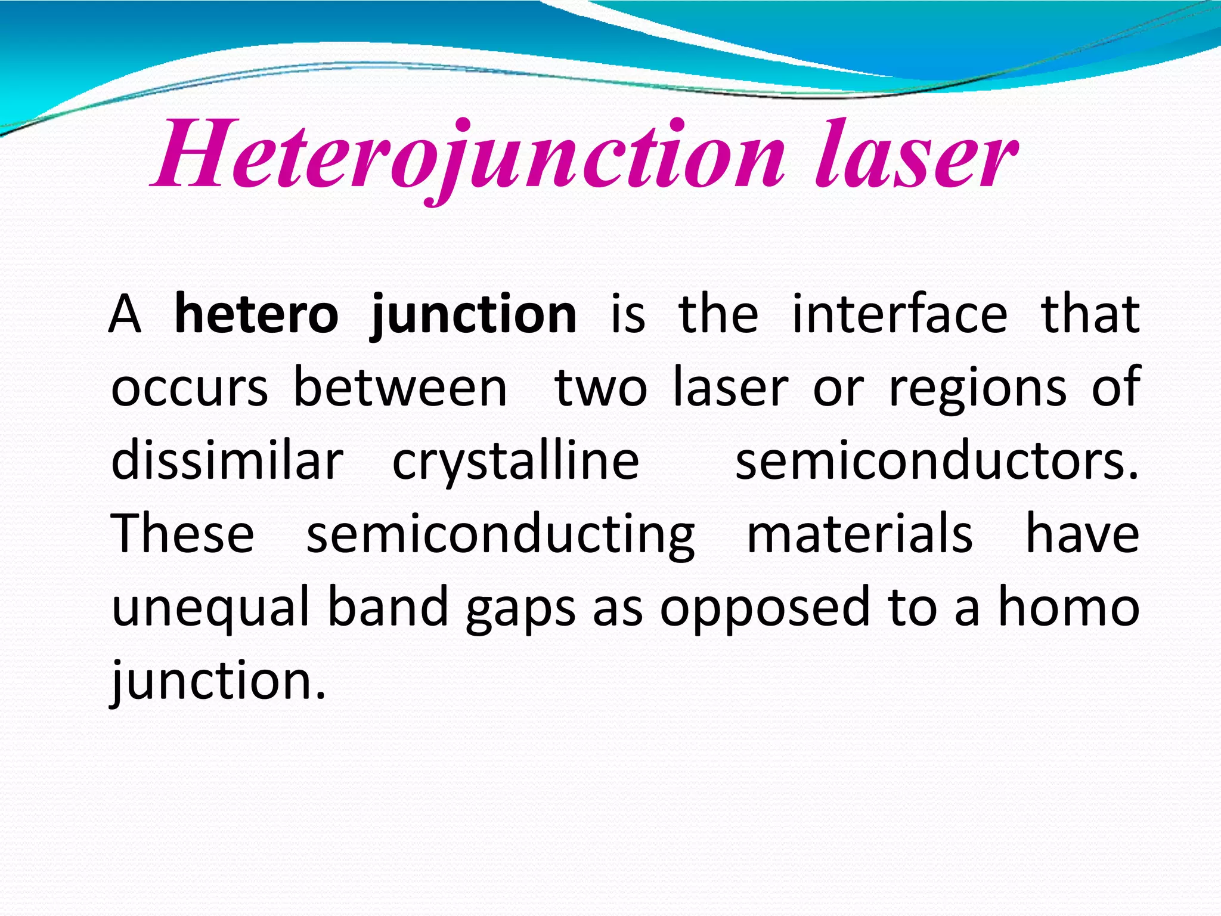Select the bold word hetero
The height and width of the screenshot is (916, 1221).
click(256, 314)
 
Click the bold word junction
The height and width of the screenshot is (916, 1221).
click(473, 314)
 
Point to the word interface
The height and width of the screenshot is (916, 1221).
click(900, 314)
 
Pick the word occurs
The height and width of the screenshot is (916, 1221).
click(190, 388)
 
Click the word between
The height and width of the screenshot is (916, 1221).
click(400, 388)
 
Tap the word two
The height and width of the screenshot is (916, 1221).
click(600, 388)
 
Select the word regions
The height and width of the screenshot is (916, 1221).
click(978, 388)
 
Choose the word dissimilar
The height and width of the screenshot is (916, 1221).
click(227, 461)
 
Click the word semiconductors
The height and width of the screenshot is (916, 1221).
click(936, 461)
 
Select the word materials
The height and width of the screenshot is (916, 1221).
click(860, 534)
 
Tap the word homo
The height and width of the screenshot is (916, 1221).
click(1068, 607)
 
